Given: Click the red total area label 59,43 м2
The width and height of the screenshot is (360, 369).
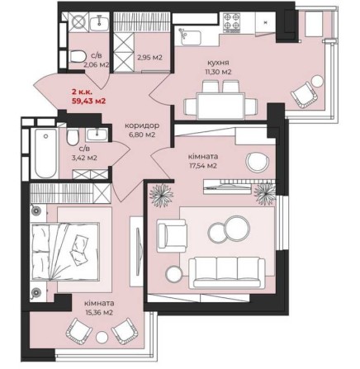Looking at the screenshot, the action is (x=88, y=101).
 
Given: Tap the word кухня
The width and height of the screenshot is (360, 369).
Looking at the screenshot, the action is (x=218, y=63).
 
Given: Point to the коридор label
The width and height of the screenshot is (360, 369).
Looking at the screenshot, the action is (x=142, y=125).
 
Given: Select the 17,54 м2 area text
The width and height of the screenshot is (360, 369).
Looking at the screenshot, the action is (x=203, y=166).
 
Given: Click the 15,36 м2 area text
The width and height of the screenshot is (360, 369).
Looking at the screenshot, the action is (x=99, y=313).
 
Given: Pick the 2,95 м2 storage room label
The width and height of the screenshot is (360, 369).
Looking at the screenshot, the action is (x=149, y=58).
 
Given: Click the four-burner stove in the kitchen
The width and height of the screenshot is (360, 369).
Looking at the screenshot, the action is (x=231, y=21).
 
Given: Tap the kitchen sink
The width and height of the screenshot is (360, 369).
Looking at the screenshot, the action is (x=191, y=37).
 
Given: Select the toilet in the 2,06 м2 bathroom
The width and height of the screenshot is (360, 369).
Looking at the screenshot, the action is (x=77, y=56).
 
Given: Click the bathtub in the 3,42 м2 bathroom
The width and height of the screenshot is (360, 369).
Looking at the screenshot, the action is (x=46, y=154).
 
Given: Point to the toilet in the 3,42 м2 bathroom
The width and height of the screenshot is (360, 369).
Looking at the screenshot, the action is (x=73, y=137).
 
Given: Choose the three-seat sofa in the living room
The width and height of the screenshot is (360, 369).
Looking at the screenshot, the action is (x=227, y=272).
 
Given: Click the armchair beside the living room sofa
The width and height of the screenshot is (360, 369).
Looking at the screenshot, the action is (x=172, y=235).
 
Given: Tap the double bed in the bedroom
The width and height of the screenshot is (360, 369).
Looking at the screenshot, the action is (x=64, y=253).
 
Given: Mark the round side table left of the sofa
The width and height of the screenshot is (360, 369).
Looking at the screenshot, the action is (x=174, y=273).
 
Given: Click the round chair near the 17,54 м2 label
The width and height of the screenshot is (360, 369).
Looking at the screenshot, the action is (x=258, y=162).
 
